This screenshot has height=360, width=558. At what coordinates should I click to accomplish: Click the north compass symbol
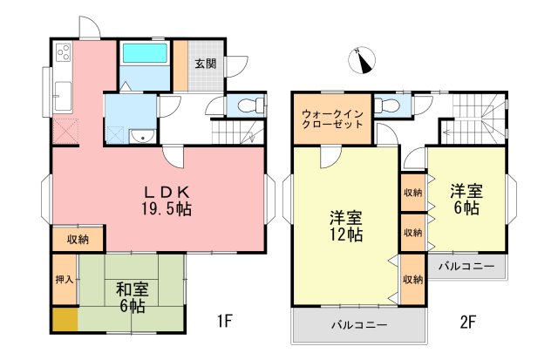pos(362,60)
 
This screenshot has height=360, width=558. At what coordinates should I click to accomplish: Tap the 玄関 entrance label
pos(206,64)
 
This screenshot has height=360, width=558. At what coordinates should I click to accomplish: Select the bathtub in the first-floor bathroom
pos(145,53)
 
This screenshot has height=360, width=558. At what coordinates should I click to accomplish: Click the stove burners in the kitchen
pos(64,52)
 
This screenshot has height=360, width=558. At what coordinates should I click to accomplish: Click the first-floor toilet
pos(250,105)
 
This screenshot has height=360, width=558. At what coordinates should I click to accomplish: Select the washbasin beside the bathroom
pos(142,136)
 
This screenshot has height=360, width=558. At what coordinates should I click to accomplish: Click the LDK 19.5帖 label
pos(167,201)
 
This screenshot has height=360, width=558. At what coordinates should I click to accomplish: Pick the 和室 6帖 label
pos(132,298)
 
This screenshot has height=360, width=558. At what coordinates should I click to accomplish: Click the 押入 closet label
pos(65,280)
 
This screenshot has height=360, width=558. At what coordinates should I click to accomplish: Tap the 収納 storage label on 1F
pos(78,240)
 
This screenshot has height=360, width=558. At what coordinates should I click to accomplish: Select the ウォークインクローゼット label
pos(332,119)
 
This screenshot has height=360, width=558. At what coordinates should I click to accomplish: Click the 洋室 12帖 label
pos(346,227)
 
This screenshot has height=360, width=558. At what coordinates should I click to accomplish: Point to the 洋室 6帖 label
pos(466,200)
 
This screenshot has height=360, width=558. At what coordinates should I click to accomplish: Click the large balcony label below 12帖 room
pos(359,325)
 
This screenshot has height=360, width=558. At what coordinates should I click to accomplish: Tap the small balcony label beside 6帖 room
pos(466,267)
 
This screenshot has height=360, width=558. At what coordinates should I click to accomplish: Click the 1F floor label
pos(225,322)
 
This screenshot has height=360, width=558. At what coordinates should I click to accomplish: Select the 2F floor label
pos(468,323)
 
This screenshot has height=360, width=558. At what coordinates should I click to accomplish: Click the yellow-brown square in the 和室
pos(65,319)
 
